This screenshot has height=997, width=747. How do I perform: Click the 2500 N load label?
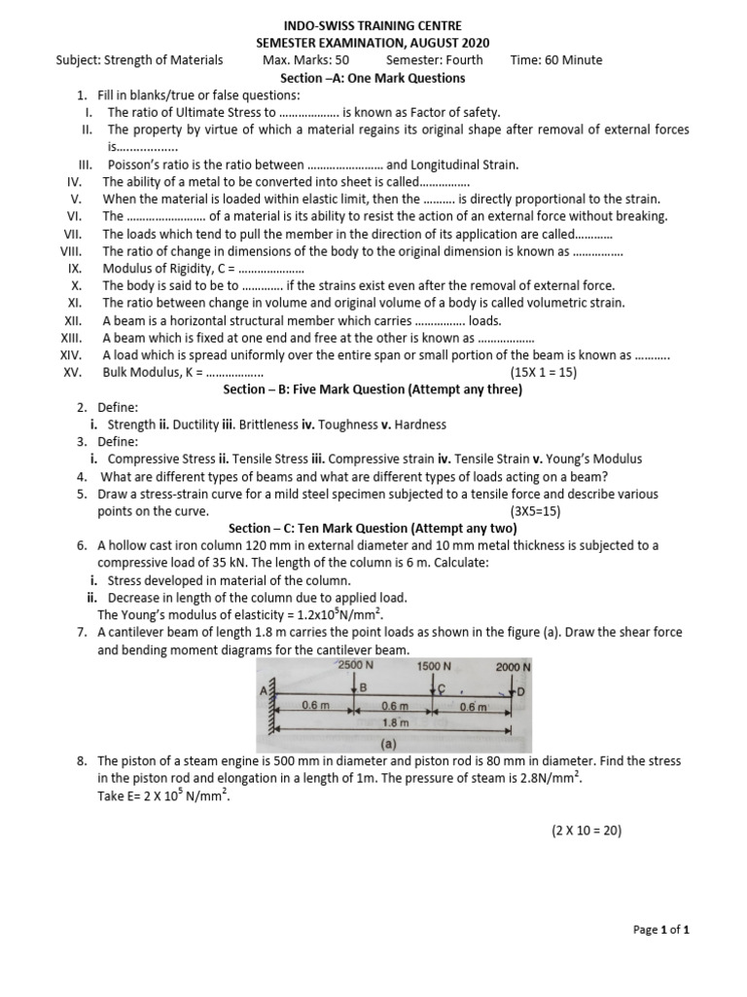355,664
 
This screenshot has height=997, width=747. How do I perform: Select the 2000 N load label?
513,667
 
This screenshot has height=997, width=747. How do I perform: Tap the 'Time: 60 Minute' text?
555,60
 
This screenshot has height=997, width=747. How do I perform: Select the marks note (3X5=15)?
535,511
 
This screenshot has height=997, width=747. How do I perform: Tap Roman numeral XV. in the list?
71,373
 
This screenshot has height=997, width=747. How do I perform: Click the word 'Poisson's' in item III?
133,166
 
